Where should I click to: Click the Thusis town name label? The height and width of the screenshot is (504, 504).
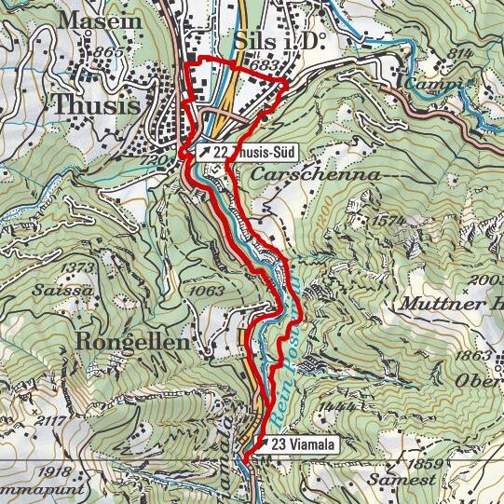pyautogui.click(x=97, y=105)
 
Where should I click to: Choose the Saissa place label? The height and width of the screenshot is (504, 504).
pyautogui.click(x=74, y=290)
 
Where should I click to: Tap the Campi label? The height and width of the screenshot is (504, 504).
pyautogui.click(x=430, y=85)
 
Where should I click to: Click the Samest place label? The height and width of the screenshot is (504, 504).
pyautogui.click(x=402, y=480)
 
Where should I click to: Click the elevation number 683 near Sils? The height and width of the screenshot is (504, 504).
pyautogui.click(x=265, y=66)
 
